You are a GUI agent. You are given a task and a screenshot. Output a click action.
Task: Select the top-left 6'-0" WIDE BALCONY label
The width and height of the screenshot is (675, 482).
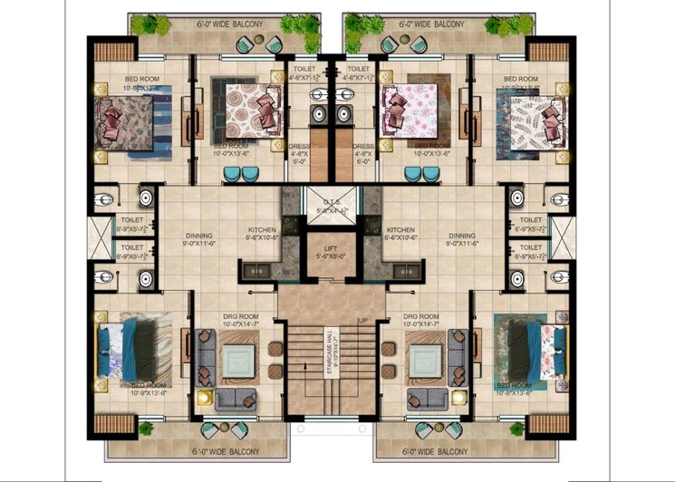pos(224,24)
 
